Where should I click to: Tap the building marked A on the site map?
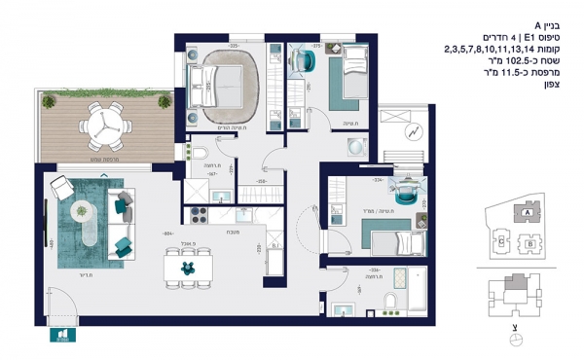pyautogui.click(x=527, y=210)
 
